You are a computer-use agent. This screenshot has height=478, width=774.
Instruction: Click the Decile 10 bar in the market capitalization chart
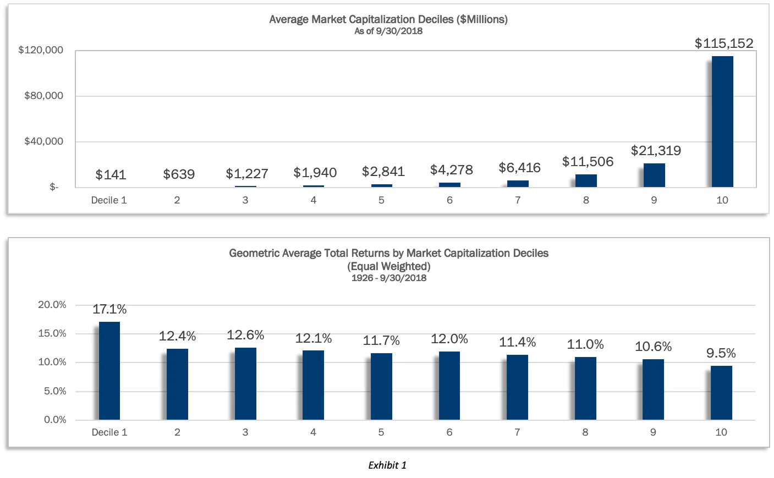point(722,122)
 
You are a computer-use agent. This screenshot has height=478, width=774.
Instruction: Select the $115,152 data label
point(724,43)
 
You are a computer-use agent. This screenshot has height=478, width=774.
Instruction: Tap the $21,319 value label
point(656,151)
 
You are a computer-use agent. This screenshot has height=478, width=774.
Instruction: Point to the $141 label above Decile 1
point(111,175)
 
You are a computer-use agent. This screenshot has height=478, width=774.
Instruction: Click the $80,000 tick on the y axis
point(43,96)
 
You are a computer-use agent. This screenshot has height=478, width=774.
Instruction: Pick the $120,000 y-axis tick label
point(41,50)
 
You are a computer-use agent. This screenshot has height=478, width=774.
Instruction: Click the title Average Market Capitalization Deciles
point(388,19)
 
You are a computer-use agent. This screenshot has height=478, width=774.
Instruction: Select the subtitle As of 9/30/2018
point(388,31)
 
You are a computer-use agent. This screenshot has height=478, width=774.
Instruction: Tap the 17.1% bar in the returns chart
point(109,371)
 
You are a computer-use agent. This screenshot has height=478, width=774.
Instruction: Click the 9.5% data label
point(721,353)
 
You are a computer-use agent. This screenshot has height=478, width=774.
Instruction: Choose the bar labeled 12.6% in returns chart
point(245,383)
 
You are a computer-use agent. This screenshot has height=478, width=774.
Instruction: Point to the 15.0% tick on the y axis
point(52,333)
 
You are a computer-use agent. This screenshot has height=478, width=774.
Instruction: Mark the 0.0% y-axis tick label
point(55,420)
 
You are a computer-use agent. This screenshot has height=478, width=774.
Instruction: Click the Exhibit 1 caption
point(387,465)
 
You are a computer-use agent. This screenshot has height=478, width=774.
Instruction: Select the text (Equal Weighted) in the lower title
point(388,266)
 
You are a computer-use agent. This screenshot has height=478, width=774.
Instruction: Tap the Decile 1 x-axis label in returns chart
point(109,432)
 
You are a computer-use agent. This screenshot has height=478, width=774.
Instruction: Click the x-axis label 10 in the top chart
point(722,200)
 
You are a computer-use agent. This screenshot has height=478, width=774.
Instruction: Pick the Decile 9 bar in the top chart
point(654,175)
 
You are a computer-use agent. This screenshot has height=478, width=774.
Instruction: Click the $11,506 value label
point(588,162)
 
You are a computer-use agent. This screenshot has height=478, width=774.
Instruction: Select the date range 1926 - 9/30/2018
point(388,278)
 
